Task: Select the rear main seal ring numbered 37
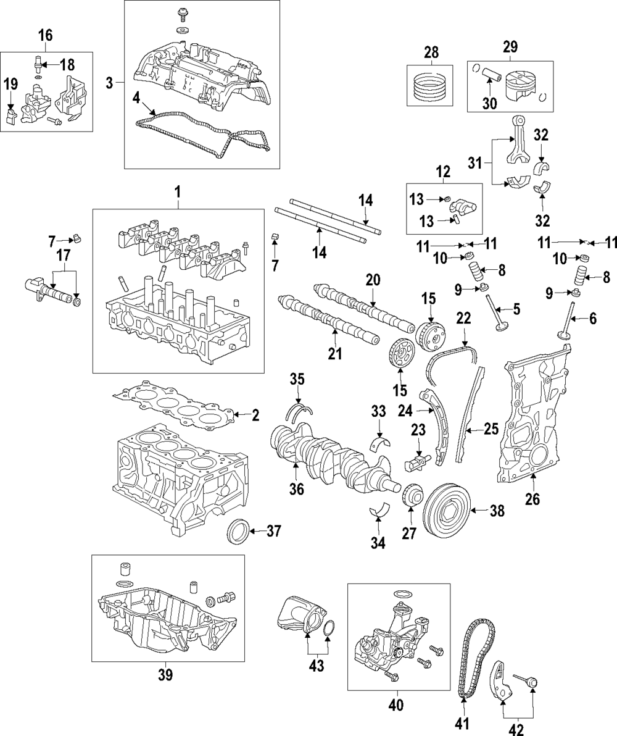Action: point(239,531)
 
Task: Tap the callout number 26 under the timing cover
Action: point(532,499)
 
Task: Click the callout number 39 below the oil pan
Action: point(165,675)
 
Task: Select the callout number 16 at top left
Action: point(47,35)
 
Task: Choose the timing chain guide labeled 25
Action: point(469,414)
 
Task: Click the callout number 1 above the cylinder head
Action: point(177,193)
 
